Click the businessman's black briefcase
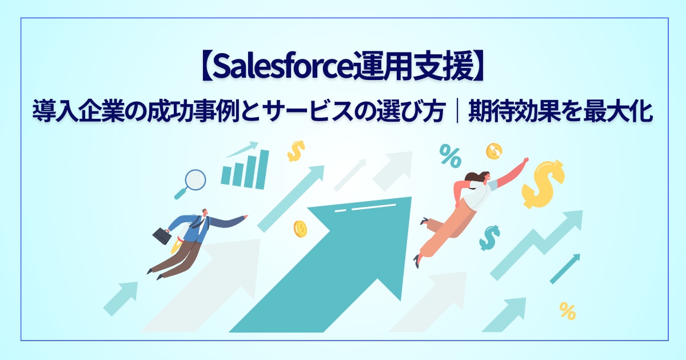[161, 235]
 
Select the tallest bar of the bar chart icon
[262, 169]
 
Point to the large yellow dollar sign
[543, 183]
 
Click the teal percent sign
[450, 156]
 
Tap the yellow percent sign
[568, 311]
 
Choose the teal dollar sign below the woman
[489, 238]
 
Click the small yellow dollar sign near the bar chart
[296, 151]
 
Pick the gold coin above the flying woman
[494, 151]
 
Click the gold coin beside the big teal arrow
[300, 229]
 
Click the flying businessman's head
[205, 213]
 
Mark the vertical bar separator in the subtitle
[457, 112]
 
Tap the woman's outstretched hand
[525, 161]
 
